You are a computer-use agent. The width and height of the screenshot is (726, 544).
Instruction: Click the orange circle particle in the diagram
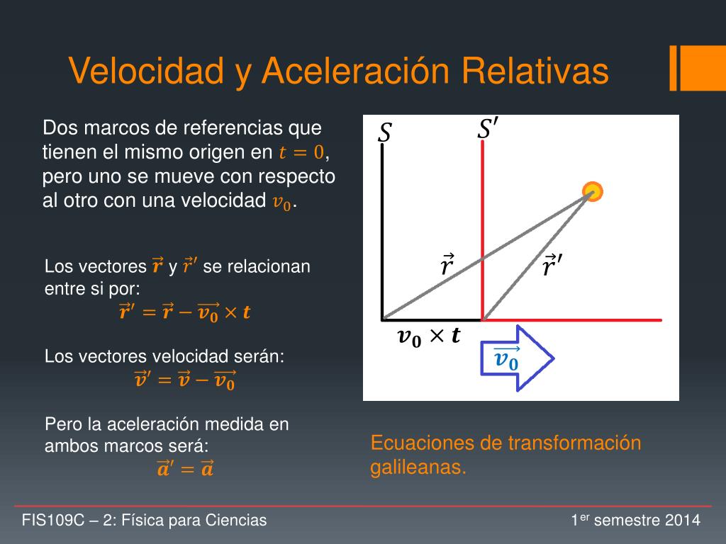tap(592, 191)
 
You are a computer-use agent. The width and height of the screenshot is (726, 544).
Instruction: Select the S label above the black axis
tap(385, 132)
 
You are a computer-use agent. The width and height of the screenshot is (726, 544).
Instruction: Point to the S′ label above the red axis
tap(488, 130)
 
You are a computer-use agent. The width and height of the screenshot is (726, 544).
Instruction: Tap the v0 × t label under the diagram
tap(428, 336)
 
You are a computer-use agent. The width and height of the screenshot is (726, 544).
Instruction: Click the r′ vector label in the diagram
tap(553, 266)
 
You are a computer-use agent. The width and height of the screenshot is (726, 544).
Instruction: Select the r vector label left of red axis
tap(447, 266)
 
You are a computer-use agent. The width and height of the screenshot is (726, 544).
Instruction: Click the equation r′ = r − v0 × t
tap(184, 312)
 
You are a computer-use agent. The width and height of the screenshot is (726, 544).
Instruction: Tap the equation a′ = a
tap(184, 468)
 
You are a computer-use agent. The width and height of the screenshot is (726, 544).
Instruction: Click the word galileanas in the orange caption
tap(418, 468)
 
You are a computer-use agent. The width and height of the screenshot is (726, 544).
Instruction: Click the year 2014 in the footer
tap(683, 521)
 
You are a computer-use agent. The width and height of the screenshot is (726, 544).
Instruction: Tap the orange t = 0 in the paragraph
tap(301, 152)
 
